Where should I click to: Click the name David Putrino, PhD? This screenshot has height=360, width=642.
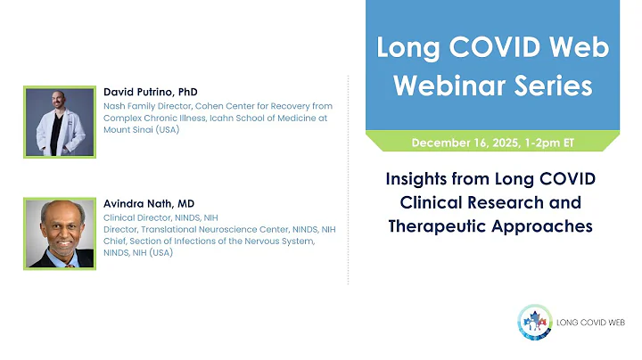pos(150,92)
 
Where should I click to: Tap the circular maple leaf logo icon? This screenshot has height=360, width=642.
pos(534,323)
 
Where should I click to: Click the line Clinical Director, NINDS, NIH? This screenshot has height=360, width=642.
pos(160,217)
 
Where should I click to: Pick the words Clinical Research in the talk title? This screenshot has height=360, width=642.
pos(490,202)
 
